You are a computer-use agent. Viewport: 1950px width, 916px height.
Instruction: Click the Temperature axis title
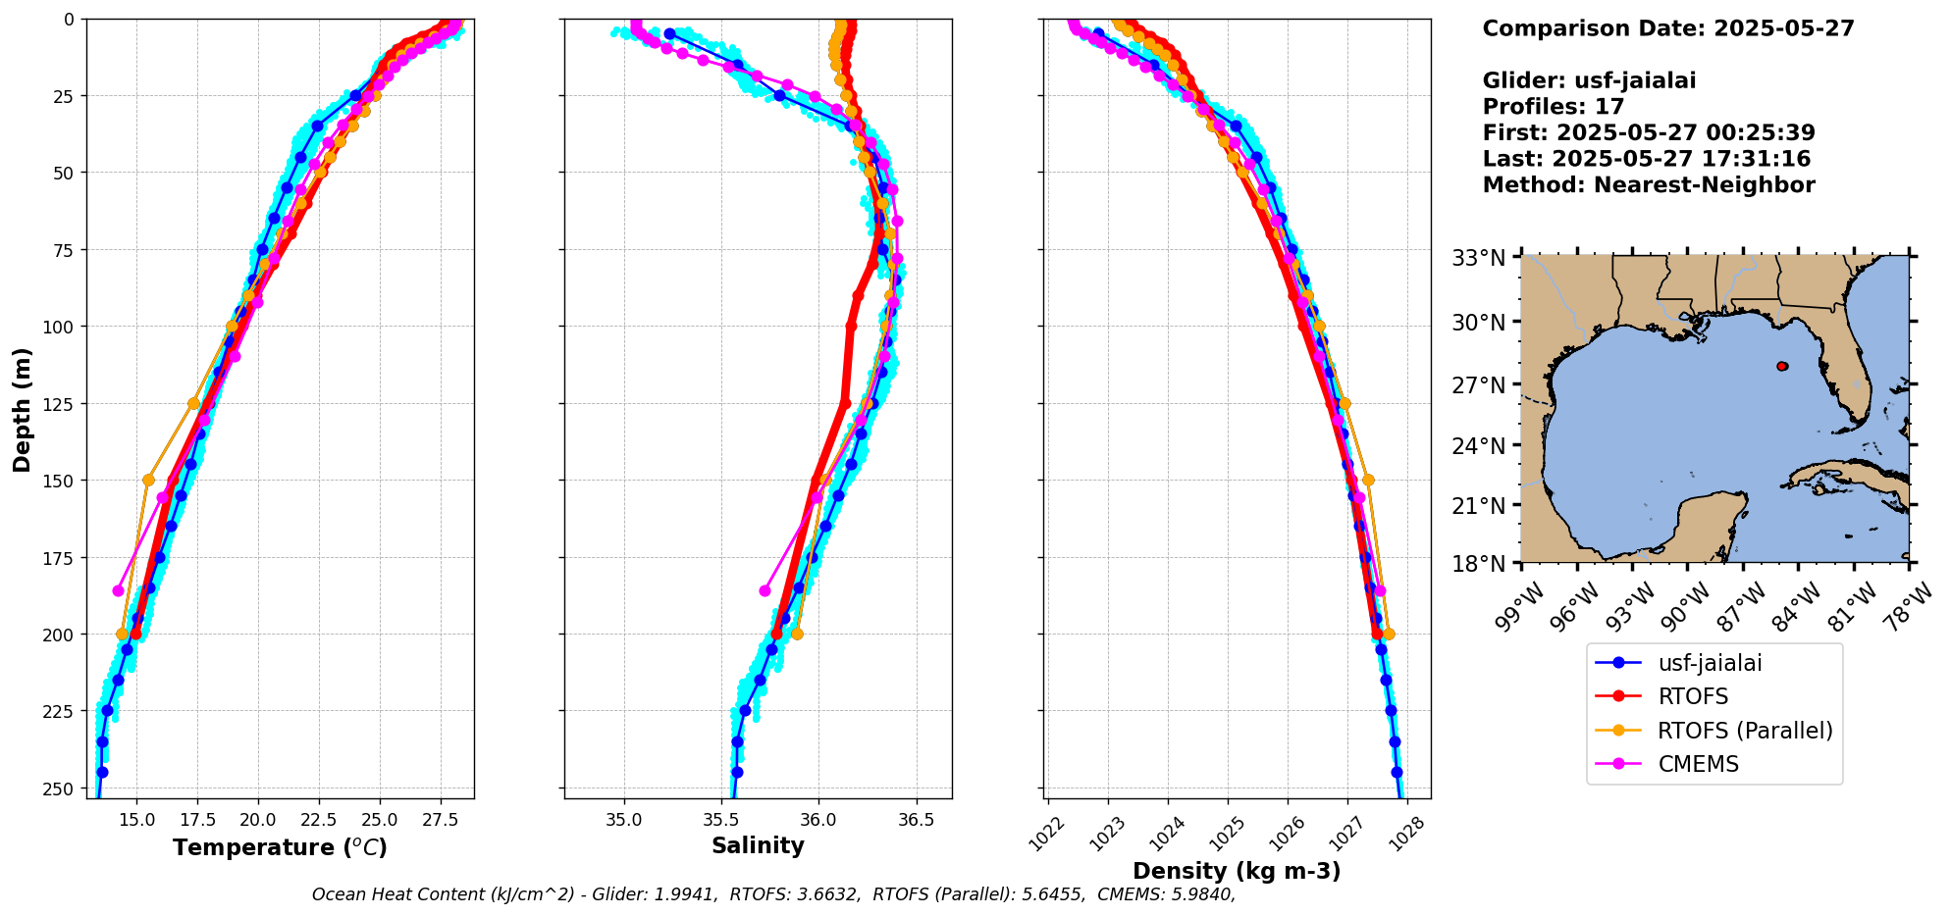pos(280,847)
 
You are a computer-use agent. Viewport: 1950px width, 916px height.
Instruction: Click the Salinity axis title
pos(758,846)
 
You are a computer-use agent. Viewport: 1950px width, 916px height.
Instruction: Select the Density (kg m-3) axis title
pos(1237,871)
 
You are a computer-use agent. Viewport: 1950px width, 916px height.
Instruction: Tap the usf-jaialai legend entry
pos(1710,663)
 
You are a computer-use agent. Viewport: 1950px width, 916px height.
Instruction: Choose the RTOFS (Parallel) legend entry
pos(1745,731)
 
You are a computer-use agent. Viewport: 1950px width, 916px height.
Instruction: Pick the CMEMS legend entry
pos(1698,764)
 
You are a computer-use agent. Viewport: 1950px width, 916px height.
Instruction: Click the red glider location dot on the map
pos(1782,366)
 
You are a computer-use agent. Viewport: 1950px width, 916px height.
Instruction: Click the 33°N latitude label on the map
pos(1479,258)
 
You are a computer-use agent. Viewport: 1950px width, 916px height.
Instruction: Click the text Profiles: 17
pos(1553,107)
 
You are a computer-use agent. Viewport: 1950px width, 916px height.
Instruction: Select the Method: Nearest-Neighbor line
pos(1649,185)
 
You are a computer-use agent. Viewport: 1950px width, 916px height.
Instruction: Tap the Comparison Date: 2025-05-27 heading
pos(1668,28)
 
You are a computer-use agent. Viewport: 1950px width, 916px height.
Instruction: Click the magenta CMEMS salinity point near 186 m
pos(765,590)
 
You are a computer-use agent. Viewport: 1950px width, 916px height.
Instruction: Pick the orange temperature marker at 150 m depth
pos(148,480)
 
